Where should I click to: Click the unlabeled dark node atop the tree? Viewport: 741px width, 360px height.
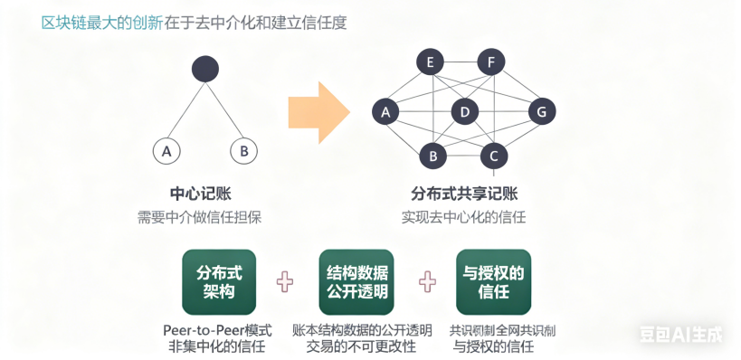click(206, 69)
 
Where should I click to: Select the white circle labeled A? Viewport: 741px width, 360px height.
click(166, 151)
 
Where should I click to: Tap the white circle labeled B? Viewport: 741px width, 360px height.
click(243, 151)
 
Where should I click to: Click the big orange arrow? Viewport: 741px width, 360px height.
click(318, 112)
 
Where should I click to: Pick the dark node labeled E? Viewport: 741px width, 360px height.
click(430, 62)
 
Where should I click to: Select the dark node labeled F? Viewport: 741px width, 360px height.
click(490, 62)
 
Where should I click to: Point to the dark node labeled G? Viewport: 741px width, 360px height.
click(541, 112)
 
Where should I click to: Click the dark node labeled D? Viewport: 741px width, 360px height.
click(464, 112)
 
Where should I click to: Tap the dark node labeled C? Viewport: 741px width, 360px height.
click(493, 156)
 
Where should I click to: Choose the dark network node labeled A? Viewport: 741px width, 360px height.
click(386, 112)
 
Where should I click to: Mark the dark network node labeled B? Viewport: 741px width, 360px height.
click(433, 156)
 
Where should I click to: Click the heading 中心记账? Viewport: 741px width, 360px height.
click(199, 194)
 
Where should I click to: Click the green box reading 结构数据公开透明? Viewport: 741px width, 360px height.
click(356, 281)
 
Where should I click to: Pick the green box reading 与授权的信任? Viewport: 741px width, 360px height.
click(493, 281)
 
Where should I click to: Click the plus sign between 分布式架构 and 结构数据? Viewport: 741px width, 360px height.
click(286, 282)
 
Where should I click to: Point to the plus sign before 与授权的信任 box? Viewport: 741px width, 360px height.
click(427, 282)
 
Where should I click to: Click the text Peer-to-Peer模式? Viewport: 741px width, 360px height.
click(217, 328)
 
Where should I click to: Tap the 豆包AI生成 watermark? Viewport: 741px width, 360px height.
click(680, 335)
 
